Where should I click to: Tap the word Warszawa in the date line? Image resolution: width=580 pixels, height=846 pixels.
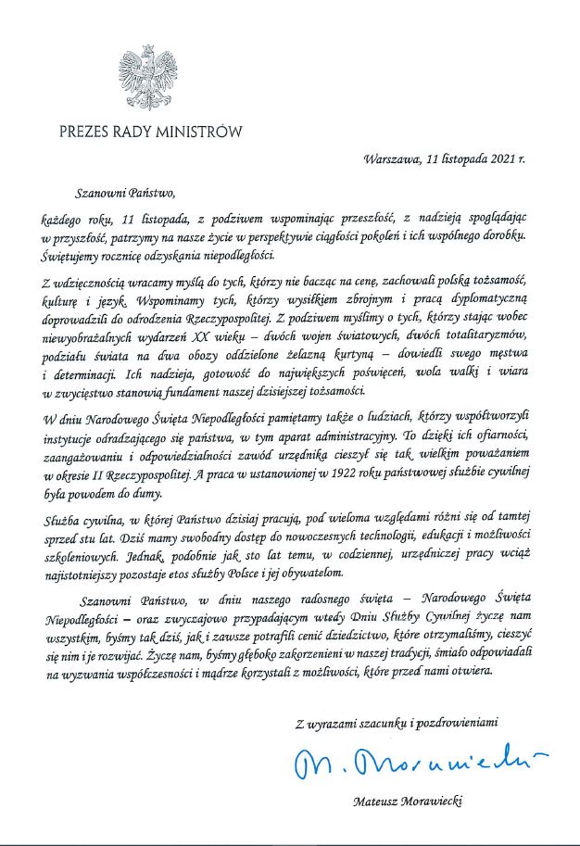[391, 158]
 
